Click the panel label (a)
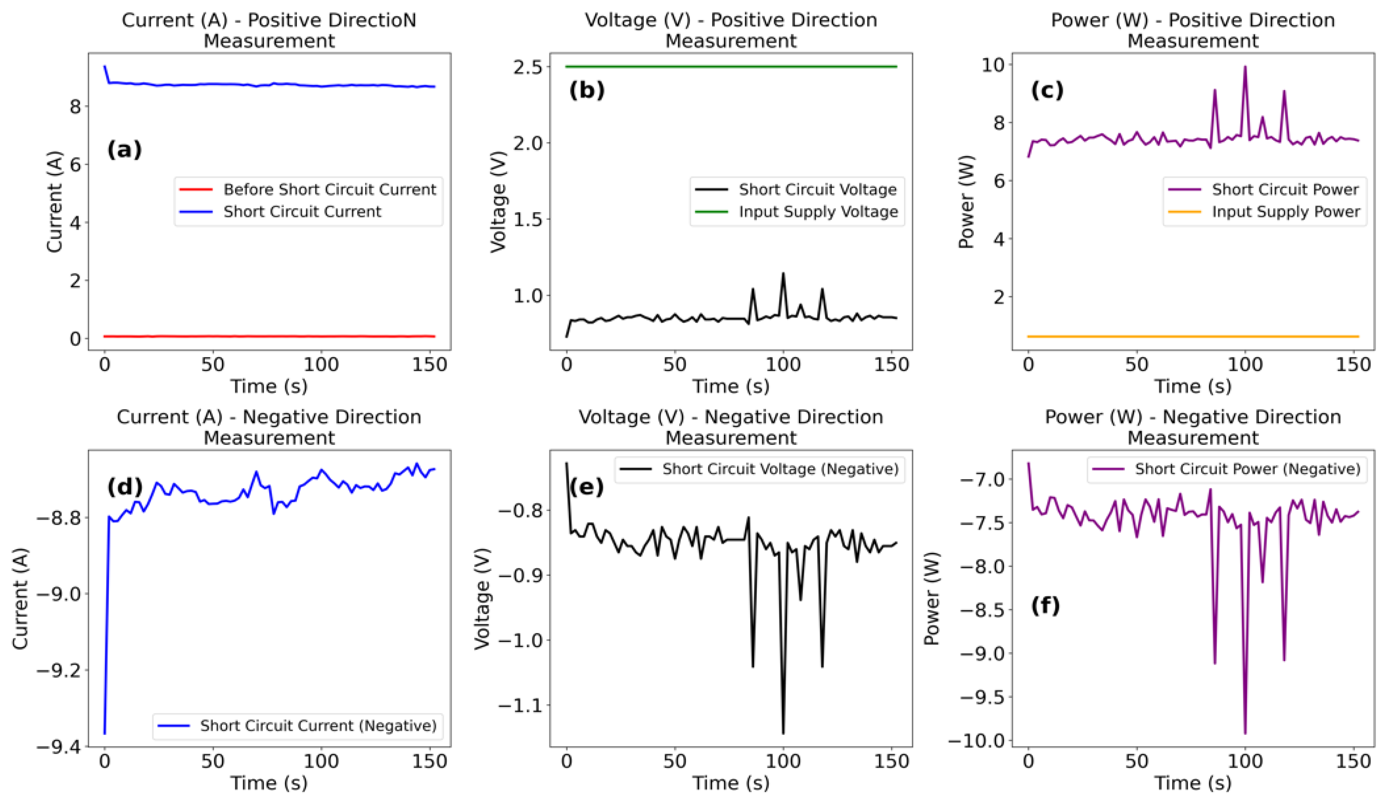[124, 150]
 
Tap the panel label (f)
[1045, 606]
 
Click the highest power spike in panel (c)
[1245, 67]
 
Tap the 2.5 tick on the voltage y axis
[527, 67]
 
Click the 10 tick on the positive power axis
[992, 65]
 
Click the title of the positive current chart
[269, 30]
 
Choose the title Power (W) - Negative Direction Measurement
[1193, 428]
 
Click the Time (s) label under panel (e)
[730, 783]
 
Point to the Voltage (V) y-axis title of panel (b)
[498, 201]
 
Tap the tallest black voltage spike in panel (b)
[783, 273]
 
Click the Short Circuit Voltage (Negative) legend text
[780, 469]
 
